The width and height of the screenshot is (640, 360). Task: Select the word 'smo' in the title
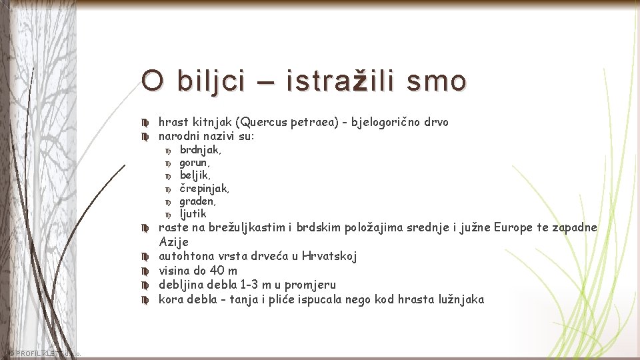click(437, 82)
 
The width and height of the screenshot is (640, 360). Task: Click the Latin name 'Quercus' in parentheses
click(265, 122)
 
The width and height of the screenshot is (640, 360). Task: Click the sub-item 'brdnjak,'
click(201, 150)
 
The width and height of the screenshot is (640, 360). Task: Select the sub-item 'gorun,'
click(195, 163)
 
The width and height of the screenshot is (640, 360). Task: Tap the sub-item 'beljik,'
click(195, 175)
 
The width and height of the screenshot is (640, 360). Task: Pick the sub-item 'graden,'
click(197, 201)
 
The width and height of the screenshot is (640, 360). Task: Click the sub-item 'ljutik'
click(193, 214)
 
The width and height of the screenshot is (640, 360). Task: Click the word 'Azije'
click(173, 241)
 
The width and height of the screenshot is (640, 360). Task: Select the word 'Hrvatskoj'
click(329, 256)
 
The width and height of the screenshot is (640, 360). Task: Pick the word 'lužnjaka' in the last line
click(460, 299)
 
